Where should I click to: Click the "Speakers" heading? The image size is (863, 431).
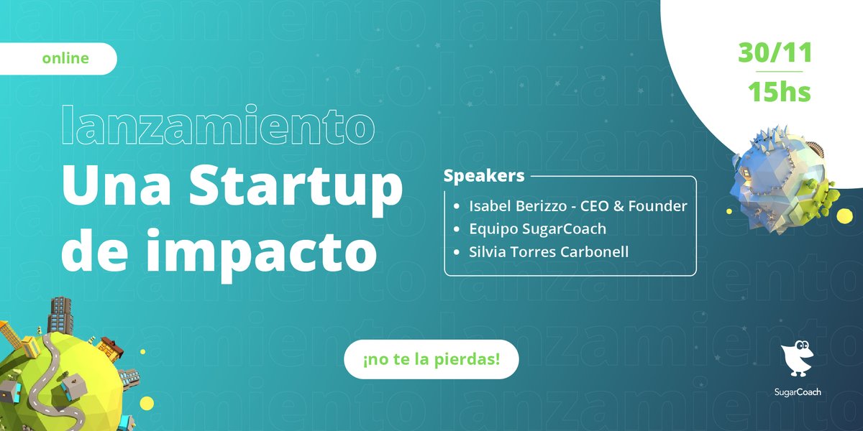click(x=483, y=176)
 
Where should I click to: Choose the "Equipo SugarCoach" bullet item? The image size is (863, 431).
click(x=537, y=229)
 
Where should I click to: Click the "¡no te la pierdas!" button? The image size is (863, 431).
click(x=431, y=358)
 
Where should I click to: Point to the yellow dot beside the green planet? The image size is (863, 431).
click(x=146, y=402)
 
